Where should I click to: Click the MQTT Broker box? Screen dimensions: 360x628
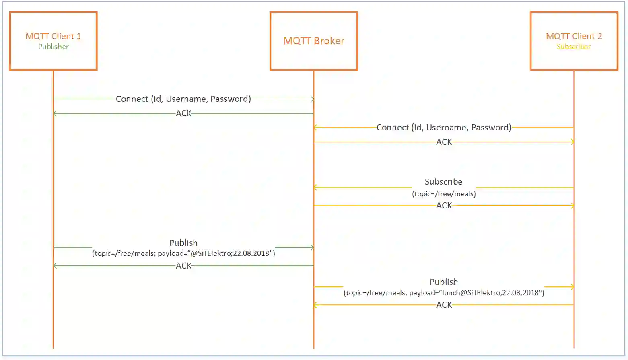[314, 41]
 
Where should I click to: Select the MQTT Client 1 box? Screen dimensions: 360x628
[54, 41]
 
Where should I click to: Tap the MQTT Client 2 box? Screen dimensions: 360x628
[574, 41]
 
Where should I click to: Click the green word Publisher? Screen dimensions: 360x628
[54, 47]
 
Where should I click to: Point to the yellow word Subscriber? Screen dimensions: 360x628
[574, 47]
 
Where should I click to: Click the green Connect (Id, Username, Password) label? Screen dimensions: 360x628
[183, 99]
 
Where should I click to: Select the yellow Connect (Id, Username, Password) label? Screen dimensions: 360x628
[444, 128]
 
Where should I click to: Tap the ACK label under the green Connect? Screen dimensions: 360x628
[184, 113]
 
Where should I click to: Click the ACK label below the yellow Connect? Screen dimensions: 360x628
[444, 142]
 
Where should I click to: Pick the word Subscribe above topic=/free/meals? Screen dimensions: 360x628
[444, 182]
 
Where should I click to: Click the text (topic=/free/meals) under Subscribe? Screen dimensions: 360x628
[444, 194]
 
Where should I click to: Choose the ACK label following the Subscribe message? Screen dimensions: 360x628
[444, 206]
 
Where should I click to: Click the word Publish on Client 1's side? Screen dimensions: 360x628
[183, 243]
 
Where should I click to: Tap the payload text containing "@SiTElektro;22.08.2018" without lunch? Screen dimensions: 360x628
[183, 253]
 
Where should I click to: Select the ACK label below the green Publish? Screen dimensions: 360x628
[184, 266]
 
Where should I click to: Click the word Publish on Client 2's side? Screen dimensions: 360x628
[444, 282]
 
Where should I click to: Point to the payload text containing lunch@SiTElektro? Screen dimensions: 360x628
[444, 293]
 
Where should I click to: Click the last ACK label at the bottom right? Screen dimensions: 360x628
[444, 305]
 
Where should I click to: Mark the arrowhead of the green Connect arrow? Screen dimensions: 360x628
[312, 99]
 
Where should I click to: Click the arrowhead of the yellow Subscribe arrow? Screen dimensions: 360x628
[316, 187]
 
